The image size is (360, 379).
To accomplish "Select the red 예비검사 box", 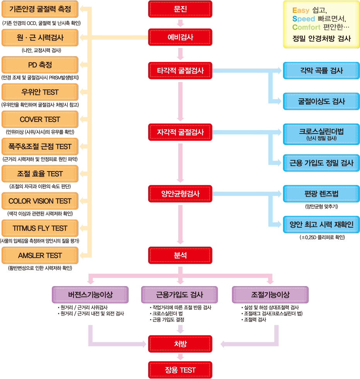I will (x=180, y=38).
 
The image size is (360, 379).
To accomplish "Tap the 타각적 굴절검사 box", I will (x=180, y=71).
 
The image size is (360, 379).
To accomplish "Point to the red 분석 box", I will (x=180, y=256).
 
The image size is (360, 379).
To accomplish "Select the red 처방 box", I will (x=180, y=343).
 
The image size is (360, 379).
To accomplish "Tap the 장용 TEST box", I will (x=180, y=370).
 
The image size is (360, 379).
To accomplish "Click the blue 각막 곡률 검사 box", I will (x=321, y=71).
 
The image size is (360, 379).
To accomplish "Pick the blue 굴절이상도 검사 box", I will (x=321, y=101).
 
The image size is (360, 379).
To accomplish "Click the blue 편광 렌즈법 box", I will (x=321, y=194).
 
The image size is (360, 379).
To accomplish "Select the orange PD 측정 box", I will (x=40, y=65).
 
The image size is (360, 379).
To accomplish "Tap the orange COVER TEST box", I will (x=40, y=119).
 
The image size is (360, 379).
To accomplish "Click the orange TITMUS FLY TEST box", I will (x=40, y=228).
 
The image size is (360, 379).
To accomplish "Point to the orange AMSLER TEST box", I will (x=40, y=256).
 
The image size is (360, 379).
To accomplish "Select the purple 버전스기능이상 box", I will (x=90, y=295).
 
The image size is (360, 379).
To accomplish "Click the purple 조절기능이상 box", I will (x=270, y=295).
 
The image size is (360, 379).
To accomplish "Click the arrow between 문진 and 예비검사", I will (x=180, y=22).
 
